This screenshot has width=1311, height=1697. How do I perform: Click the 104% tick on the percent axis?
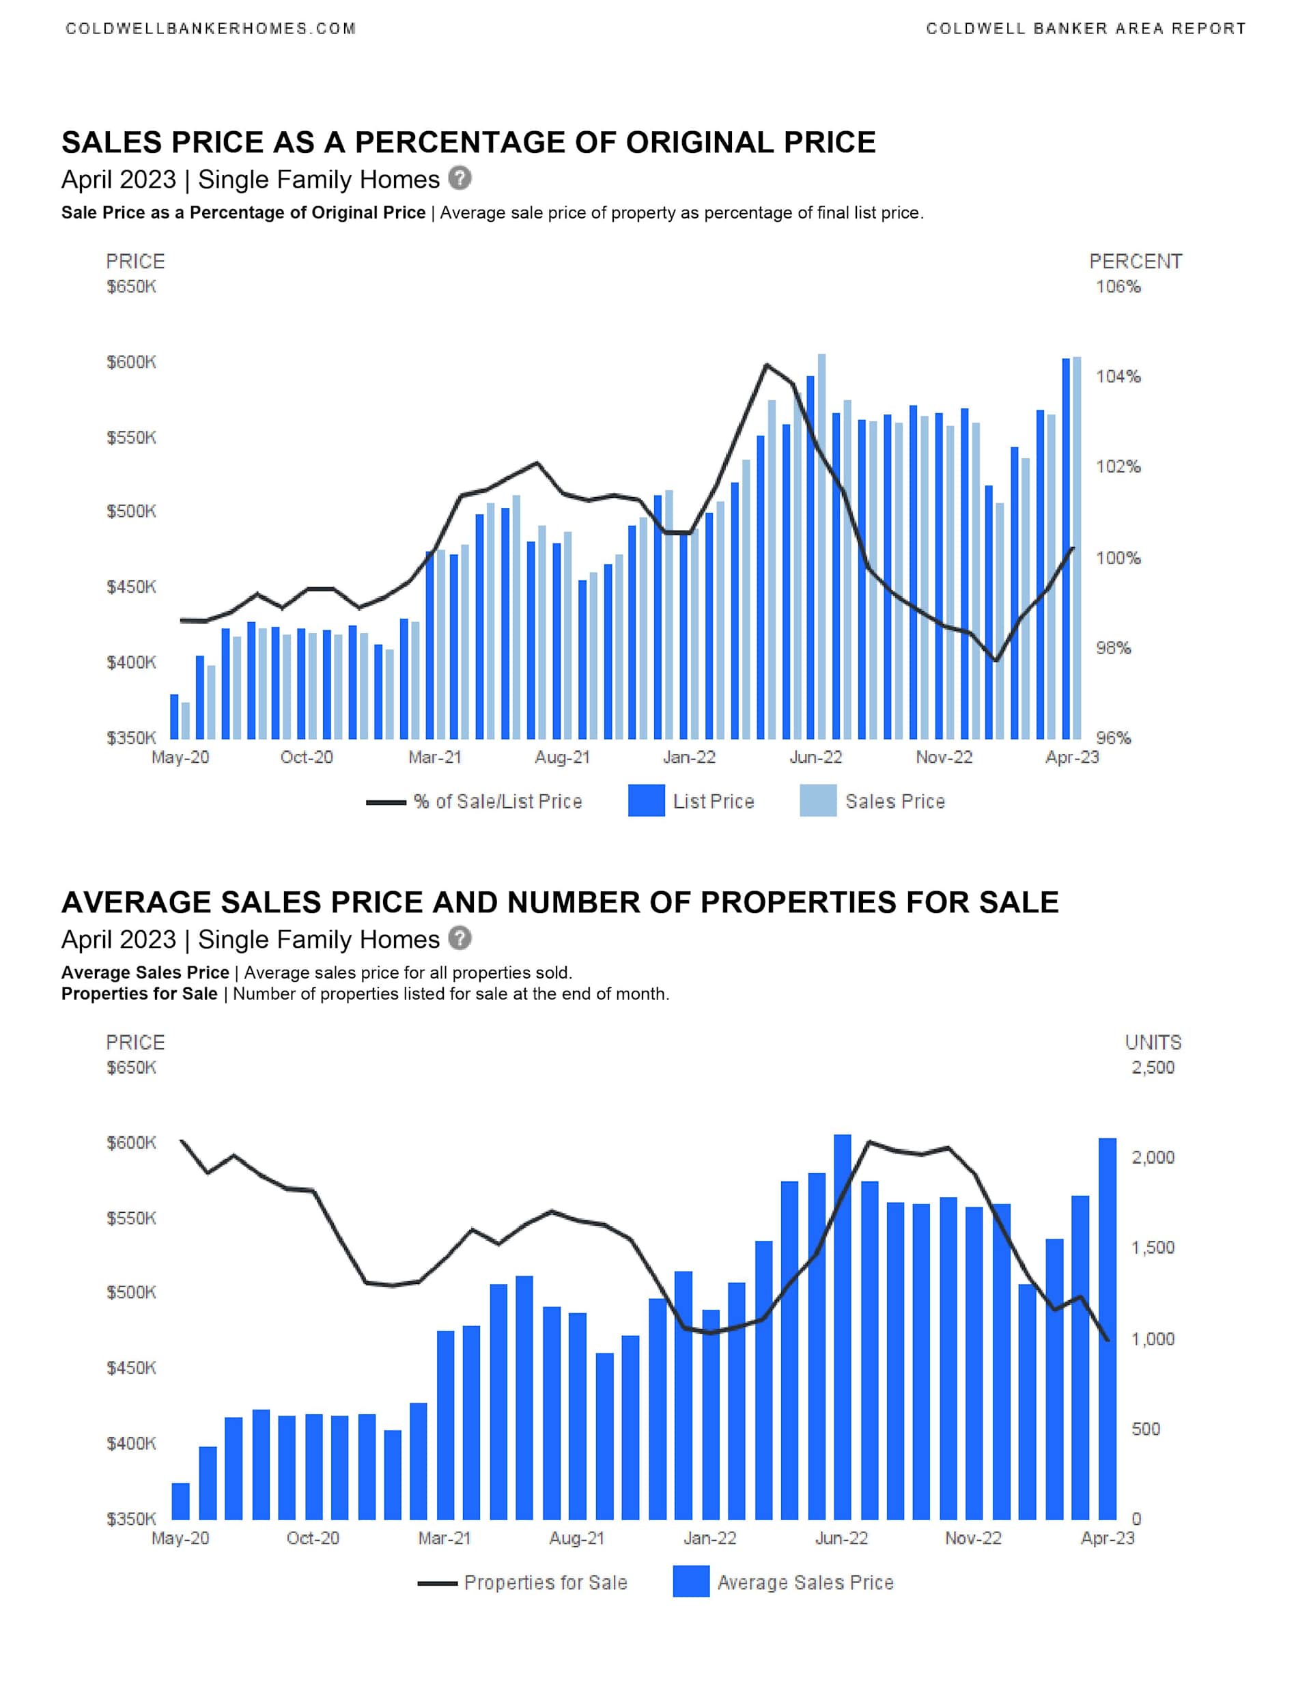[x=1118, y=377]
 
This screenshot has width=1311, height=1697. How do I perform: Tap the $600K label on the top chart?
[x=131, y=362]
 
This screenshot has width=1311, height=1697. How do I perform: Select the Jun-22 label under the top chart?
[x=815, y=757]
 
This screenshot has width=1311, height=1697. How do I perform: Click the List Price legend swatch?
[x=646, y=801]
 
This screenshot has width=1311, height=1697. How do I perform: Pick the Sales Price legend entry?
[x=894, y=802]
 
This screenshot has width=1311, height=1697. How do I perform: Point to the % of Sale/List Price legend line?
[x=386, y=802]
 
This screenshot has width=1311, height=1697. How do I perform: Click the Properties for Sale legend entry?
[x=545, y=1583]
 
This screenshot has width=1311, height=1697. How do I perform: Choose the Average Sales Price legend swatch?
[x=691, y=1582]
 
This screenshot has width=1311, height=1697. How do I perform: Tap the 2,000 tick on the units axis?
[x=1153, y=1158]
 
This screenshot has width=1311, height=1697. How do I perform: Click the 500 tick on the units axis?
[x=1146, y=1429]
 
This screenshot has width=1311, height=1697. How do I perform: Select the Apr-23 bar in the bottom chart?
[x=1108, y=1329]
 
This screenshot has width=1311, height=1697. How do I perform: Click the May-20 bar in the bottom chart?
[x=180, y=1501]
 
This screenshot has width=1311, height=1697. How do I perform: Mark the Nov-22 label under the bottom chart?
[x=973, y=1539]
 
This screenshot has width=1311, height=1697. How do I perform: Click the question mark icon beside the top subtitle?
[x=460, y=179]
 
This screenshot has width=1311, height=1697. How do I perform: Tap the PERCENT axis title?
[x=1135, y=262]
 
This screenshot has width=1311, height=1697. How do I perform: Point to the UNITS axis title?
[x=1153, y=1043]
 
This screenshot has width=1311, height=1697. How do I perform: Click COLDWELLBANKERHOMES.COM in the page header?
[x=210, y=29]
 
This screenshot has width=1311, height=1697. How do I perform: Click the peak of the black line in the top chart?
[x=766, y=365]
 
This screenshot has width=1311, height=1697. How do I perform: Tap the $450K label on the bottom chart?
[x=131, y=1368]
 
